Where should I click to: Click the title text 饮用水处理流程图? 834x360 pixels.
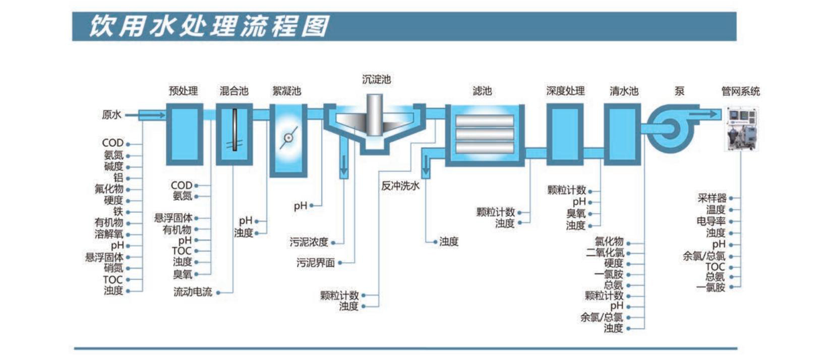(209, 26)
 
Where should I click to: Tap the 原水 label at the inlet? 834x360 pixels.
(111, 115)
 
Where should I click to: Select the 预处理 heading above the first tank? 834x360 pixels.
(183, 91)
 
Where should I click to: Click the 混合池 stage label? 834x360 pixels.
(234, 91)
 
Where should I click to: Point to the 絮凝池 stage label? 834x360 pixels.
(286, 91)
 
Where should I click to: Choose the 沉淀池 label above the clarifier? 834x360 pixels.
(376, 79)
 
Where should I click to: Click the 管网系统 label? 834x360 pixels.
(740, 91)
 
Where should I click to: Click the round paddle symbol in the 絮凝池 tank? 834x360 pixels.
(288, 138)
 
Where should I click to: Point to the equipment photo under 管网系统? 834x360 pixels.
(741, 129)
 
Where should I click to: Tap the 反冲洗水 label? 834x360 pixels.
(400, 186)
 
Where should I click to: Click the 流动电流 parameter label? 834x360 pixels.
(193, 292)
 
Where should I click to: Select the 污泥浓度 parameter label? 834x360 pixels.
(309, 242)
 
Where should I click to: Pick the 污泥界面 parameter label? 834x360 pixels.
(315, 263)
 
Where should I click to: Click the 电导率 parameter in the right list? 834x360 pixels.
(711, 221)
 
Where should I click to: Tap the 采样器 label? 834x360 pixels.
(712, 198)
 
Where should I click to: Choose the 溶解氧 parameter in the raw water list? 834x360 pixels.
(109, 234)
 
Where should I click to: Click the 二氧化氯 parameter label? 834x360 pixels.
(605, 253)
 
